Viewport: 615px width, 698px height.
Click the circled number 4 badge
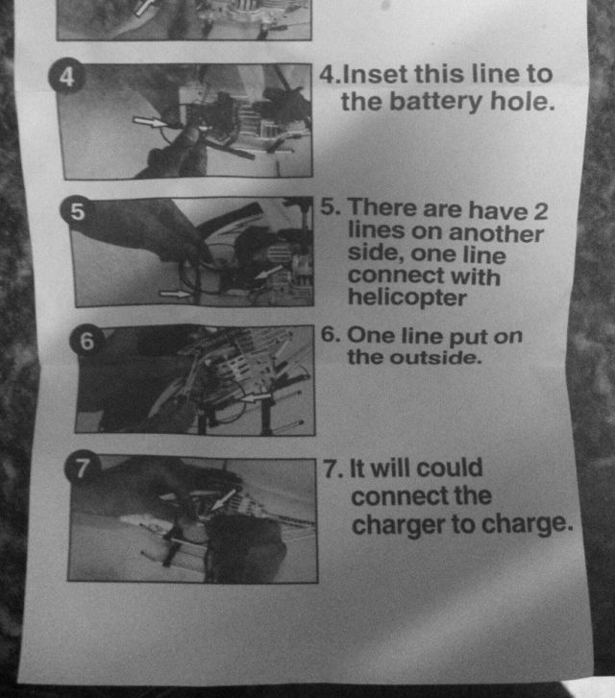coord(66,76)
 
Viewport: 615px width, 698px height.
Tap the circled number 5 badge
coord(77,211)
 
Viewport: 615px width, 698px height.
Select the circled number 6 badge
coord(87,341)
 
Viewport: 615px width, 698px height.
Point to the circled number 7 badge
coord(82,468)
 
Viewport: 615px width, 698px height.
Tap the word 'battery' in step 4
coord(435,103)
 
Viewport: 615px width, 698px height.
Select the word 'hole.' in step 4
coord(523,101)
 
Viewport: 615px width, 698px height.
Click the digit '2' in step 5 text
coord(540,211)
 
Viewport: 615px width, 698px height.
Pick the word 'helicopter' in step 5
coord(407,298)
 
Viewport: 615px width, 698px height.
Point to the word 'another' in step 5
coord(496,232)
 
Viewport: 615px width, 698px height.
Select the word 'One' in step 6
coord(371,335)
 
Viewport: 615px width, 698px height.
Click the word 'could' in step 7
coord(450,469)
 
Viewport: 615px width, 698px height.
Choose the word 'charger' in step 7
coord(399,526)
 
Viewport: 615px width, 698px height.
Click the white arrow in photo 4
coord(150,122)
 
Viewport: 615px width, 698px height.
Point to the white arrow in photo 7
coord(224,499)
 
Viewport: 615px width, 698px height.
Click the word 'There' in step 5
coord(382,208)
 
